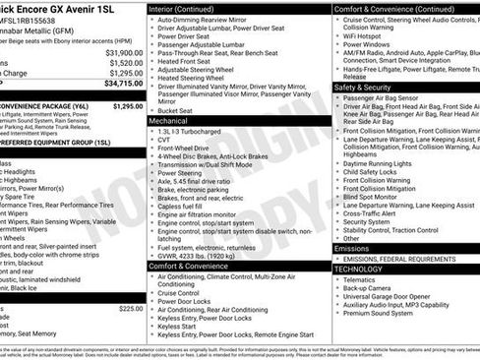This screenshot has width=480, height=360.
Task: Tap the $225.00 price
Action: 131,308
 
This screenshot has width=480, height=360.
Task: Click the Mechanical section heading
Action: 176,121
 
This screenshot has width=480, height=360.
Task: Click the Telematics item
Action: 363,279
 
